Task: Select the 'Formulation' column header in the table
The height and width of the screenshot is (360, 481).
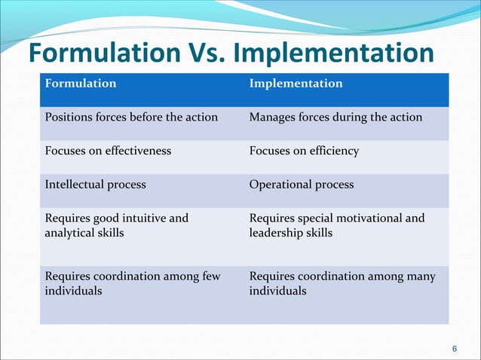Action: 81,83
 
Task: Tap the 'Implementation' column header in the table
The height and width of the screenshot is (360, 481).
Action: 296,83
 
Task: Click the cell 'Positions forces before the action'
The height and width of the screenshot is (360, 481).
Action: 131,117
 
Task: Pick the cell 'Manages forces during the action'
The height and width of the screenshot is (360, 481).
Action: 335,117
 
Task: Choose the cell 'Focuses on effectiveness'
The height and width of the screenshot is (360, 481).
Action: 108,151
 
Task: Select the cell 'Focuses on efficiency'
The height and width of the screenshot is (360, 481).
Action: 304,151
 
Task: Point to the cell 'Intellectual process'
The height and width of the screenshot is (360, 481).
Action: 95,184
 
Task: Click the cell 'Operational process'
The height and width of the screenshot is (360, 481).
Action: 301,184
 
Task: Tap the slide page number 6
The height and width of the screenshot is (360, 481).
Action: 454,348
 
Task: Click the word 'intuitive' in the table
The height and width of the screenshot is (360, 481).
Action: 142,218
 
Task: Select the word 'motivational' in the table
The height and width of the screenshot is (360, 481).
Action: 367,218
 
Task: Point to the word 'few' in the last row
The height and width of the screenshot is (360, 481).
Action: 211,276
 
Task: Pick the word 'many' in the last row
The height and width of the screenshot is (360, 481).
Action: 421,276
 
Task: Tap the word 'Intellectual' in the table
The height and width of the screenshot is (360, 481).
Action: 75,184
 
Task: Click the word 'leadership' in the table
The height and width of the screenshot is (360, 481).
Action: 275,233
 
